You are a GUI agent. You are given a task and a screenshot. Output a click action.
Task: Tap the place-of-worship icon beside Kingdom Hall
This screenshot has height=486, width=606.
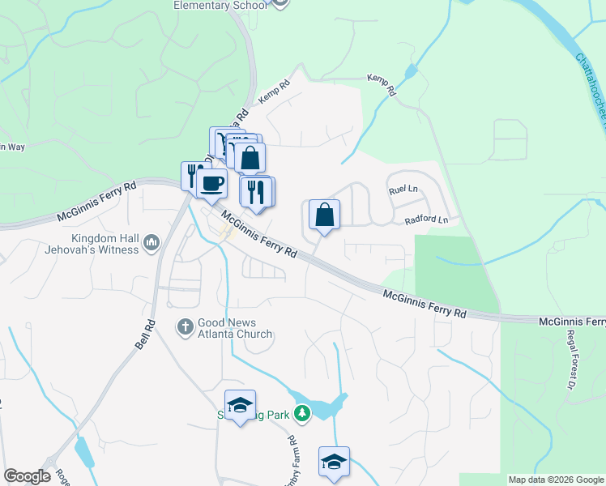151,242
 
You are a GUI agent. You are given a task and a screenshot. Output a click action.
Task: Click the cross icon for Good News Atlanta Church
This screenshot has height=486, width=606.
185,327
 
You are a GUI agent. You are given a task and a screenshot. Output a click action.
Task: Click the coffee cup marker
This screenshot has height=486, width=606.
211,185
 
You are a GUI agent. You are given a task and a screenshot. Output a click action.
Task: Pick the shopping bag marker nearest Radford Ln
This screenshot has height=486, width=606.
324,215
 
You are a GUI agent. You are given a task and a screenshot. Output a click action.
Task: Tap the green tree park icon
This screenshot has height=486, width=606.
302,415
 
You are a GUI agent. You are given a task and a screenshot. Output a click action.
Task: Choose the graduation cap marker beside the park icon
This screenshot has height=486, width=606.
241,407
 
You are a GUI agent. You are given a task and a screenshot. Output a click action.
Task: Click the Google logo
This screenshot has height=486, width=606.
27,476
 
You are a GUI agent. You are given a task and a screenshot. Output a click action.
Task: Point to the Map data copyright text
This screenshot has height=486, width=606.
556,480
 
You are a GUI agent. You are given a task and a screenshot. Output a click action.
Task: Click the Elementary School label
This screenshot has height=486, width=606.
220,6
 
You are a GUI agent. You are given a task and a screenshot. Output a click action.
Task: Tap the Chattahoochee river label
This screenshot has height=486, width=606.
591,89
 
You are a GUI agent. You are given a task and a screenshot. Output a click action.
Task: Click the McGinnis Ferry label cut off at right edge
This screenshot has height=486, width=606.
572,322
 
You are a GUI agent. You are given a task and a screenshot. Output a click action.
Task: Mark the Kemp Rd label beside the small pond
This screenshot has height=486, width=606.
382,84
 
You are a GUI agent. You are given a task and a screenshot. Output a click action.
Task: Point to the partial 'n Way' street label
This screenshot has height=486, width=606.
12,147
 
